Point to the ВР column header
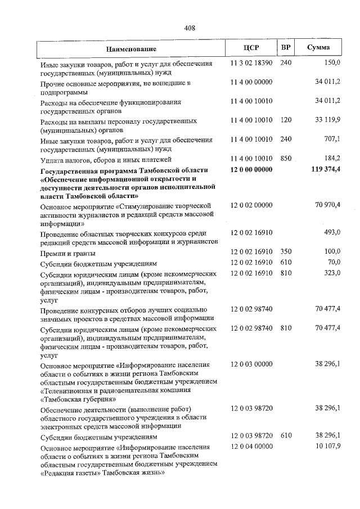point(286,48)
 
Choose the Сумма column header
point(318,48)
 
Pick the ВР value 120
point(286,120)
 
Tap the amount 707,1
point(331,139)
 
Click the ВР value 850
point(286,159)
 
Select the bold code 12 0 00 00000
point(251,169)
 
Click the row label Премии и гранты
point(62,253)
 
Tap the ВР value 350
point(286,252)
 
